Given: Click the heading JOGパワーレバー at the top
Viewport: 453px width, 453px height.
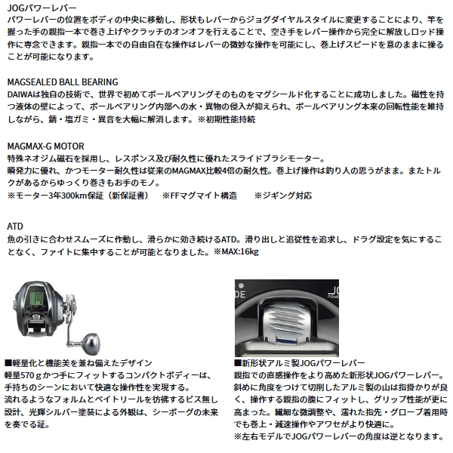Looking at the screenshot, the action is pyautogui.click(x=42, y=8).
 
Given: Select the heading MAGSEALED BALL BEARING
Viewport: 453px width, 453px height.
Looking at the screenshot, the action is pyautogui.click(x=63, y=82).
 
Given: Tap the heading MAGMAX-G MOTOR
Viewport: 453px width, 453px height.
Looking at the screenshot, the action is pyautogui.click(x=45, y=146).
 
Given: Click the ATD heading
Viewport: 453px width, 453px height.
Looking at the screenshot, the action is pyautogui.click(x=15, y=226).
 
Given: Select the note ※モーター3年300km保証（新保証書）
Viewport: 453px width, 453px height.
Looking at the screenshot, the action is pyautogui.click(x=78, y=196).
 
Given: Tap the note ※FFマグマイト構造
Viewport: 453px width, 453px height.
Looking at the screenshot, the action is pyautogui.click(x=199, y=196).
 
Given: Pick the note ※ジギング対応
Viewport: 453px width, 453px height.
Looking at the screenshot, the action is pyautogui.click(x=283, y=196).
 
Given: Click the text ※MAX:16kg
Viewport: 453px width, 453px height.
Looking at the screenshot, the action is pyautogui.click(x=236, y=252).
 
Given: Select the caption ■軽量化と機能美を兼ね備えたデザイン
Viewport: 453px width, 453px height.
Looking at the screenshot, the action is pyautogui.click(x=79, y=363).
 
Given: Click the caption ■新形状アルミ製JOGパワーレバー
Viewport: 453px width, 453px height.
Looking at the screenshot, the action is pyautogui.click(x=300, y=363).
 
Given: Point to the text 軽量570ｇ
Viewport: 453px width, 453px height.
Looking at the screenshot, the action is pyautogui.click(x=23, y=375).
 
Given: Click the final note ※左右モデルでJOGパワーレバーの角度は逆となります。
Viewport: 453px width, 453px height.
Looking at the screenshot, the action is pyautogui.click(x=339, y=436).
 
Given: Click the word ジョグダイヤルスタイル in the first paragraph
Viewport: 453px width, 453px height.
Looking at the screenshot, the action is pyautogui.click(x=296, y=20).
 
